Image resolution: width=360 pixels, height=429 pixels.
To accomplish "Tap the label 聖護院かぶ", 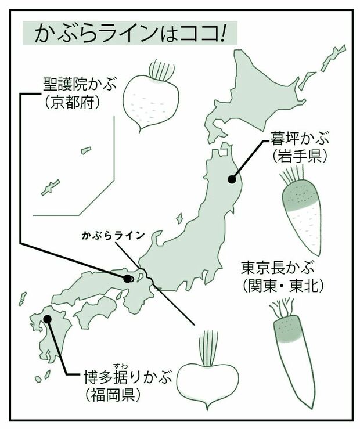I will (x=80, y=85).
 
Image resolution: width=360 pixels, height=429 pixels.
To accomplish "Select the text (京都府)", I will (x=72, y=103).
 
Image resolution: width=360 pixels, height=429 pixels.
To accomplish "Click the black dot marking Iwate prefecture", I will (x=232, y=179).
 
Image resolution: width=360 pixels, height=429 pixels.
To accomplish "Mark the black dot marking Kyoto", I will (x=127, y=279).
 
